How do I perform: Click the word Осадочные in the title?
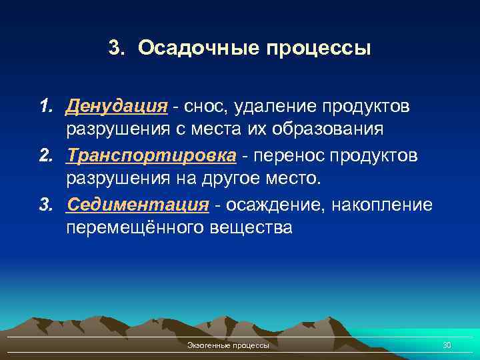coord(199,49)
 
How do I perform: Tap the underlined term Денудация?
coord(117,107)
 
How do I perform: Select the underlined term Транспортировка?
coord(151,155)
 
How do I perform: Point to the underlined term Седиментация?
coord(138,204)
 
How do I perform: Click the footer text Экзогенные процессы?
coord(229,346)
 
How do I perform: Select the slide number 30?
coord(447,345)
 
